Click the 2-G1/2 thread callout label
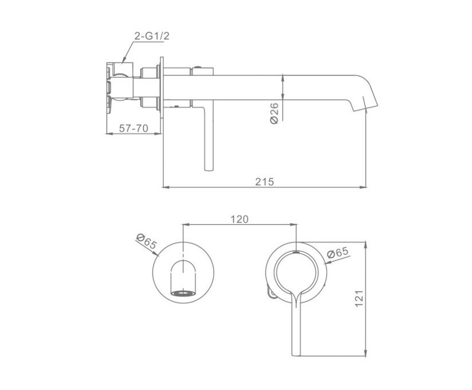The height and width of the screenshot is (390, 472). [x=152, y=36]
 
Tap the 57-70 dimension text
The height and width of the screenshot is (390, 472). [x=133, y=128]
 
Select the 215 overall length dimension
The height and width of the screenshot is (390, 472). [x=265, y=182]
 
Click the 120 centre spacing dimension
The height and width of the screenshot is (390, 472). [x=239, y=220]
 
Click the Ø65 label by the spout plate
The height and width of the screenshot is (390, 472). [x=147, y=241]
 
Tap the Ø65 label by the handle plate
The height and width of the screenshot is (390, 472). [x=337, y=252]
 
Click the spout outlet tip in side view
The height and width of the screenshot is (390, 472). [x=364, y=109]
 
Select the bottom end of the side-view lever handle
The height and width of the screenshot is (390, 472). [x=209, y=169]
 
